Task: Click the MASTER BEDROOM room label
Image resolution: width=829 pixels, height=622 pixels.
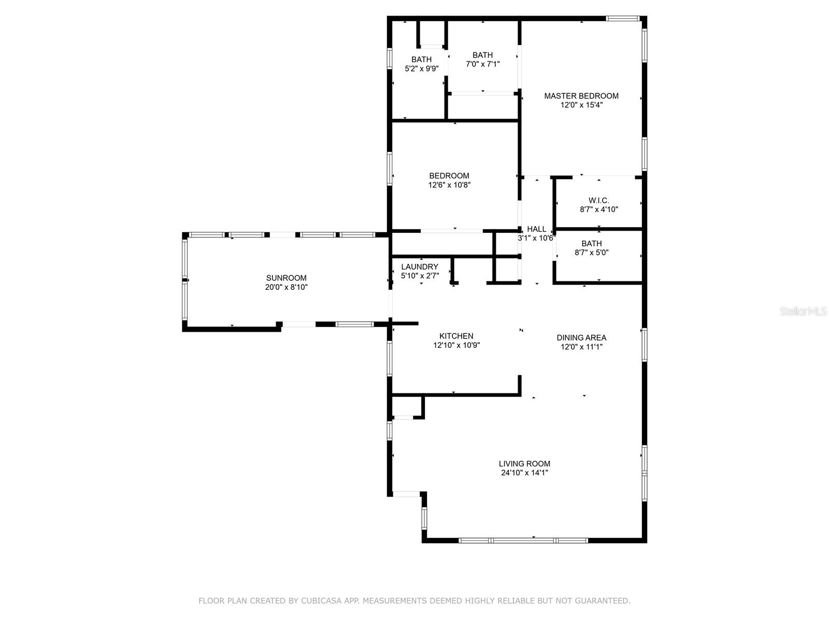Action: tap(581, 96)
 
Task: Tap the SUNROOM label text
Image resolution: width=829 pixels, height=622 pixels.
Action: tap(287, 278)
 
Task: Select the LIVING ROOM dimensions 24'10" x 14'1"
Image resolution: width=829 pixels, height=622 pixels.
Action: tap(524, 472)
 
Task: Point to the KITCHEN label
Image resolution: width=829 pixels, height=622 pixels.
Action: tap(456, 336)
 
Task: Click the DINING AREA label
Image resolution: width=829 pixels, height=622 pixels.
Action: tap(581, 337)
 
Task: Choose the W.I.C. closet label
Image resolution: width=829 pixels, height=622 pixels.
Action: tap(598, 200)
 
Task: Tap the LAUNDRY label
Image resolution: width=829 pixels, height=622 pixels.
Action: tap(420, 266)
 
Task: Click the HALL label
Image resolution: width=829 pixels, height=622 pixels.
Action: tap(536, 229)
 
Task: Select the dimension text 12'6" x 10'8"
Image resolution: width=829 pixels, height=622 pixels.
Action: tap(449, 185)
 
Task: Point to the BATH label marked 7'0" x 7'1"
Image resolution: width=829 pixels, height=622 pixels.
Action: tap(482, 55)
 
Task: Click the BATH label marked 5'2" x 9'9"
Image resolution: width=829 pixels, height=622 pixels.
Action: tap(421, 59)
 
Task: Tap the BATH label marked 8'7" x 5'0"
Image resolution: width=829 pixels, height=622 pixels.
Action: tap(592, 243)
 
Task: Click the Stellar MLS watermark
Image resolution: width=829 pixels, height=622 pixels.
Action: tap(803, 311)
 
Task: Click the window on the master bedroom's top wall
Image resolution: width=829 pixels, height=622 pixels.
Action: tap(622, 18)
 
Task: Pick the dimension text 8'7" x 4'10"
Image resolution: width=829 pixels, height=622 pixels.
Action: tap(598, 209)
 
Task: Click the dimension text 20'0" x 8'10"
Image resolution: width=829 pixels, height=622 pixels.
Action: tap(287, 287)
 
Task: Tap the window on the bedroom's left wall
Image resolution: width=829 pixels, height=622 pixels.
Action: tap(390, 168)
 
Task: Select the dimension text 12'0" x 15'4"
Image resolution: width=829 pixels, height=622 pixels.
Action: tap(581, 105)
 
